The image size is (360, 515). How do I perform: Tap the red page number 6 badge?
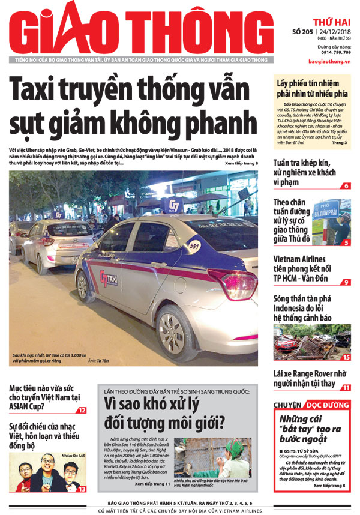[x=346, y=186]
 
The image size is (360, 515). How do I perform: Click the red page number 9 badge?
[x=346, y=282]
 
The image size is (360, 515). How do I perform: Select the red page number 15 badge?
[x=346, y=357]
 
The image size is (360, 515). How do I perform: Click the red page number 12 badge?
[x=81, y=411]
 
